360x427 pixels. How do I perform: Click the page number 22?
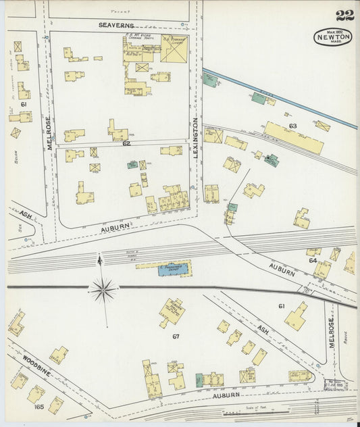coord(344,15)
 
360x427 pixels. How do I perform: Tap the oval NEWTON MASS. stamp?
coord(332,36)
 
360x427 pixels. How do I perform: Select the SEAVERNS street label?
coord(117,25)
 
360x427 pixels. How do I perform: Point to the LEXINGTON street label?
coord(196,139)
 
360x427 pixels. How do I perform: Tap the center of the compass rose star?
coord(103,290)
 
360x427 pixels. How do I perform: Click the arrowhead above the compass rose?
coord(100,258)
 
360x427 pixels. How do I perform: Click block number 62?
coord(126,143)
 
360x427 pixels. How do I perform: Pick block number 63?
coord(292,126)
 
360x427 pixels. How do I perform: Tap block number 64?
coord(313,260)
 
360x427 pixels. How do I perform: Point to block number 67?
coord(176,336)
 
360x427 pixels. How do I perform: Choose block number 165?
coord(38,407)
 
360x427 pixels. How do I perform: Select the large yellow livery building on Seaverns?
coord(176,49)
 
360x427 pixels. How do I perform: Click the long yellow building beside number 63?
coord(293,138)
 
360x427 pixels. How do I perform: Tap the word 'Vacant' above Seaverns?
coord(120,11)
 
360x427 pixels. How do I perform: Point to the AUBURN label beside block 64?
coord(282,270)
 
